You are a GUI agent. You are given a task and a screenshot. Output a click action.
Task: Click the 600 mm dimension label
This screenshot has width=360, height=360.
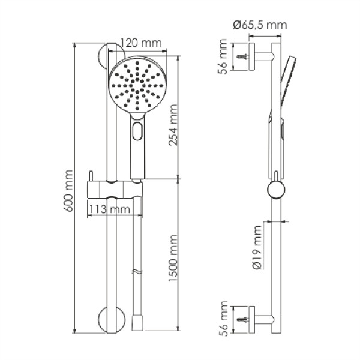[x=68, y=191]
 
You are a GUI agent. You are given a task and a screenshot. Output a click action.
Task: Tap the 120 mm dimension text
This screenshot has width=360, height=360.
[x=141, y=43]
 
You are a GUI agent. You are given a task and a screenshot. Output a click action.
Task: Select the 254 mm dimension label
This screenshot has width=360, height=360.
[x=173, y=125]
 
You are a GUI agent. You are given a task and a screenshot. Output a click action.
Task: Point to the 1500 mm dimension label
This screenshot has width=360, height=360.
[x=173, y=258]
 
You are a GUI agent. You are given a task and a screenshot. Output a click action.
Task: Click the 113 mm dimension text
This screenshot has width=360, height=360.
[x=109, y=209]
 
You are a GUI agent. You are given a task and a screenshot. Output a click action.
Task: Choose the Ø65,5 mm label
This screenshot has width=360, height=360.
[x=260, y=25]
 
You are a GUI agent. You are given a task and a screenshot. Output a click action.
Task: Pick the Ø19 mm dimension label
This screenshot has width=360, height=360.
[x=257, y=247]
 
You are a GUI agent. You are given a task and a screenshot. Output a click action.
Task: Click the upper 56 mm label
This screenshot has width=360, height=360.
[x=222, y=56]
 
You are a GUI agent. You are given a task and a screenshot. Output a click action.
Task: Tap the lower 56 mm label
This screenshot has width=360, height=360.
[x=222, y=319]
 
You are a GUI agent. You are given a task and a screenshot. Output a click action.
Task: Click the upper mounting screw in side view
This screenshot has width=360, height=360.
[x=242, y=56]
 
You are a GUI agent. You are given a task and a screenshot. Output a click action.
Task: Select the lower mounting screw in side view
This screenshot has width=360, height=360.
[x=242, y=319]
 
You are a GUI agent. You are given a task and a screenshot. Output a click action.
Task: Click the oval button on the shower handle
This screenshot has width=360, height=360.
[x=137, y=131]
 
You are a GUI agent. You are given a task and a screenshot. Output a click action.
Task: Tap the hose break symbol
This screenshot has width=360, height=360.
[x=137, y=272]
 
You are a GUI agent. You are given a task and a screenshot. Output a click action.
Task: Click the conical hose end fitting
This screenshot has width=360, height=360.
[x=137, y=323]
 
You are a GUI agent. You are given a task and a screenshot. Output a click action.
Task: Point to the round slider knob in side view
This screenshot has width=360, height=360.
[x=276, y=190]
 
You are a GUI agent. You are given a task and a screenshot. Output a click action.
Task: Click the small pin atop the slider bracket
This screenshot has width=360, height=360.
[x=91, y=176]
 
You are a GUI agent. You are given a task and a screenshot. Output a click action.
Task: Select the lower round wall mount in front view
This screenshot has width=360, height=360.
[x=112, y=320]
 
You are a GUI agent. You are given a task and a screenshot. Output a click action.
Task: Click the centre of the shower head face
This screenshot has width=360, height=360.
[x=137, y=86]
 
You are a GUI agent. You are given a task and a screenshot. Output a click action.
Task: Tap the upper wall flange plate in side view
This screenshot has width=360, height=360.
[x=252, y=56]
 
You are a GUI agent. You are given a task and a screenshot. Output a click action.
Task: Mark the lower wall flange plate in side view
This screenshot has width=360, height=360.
[x=252, y=320]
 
